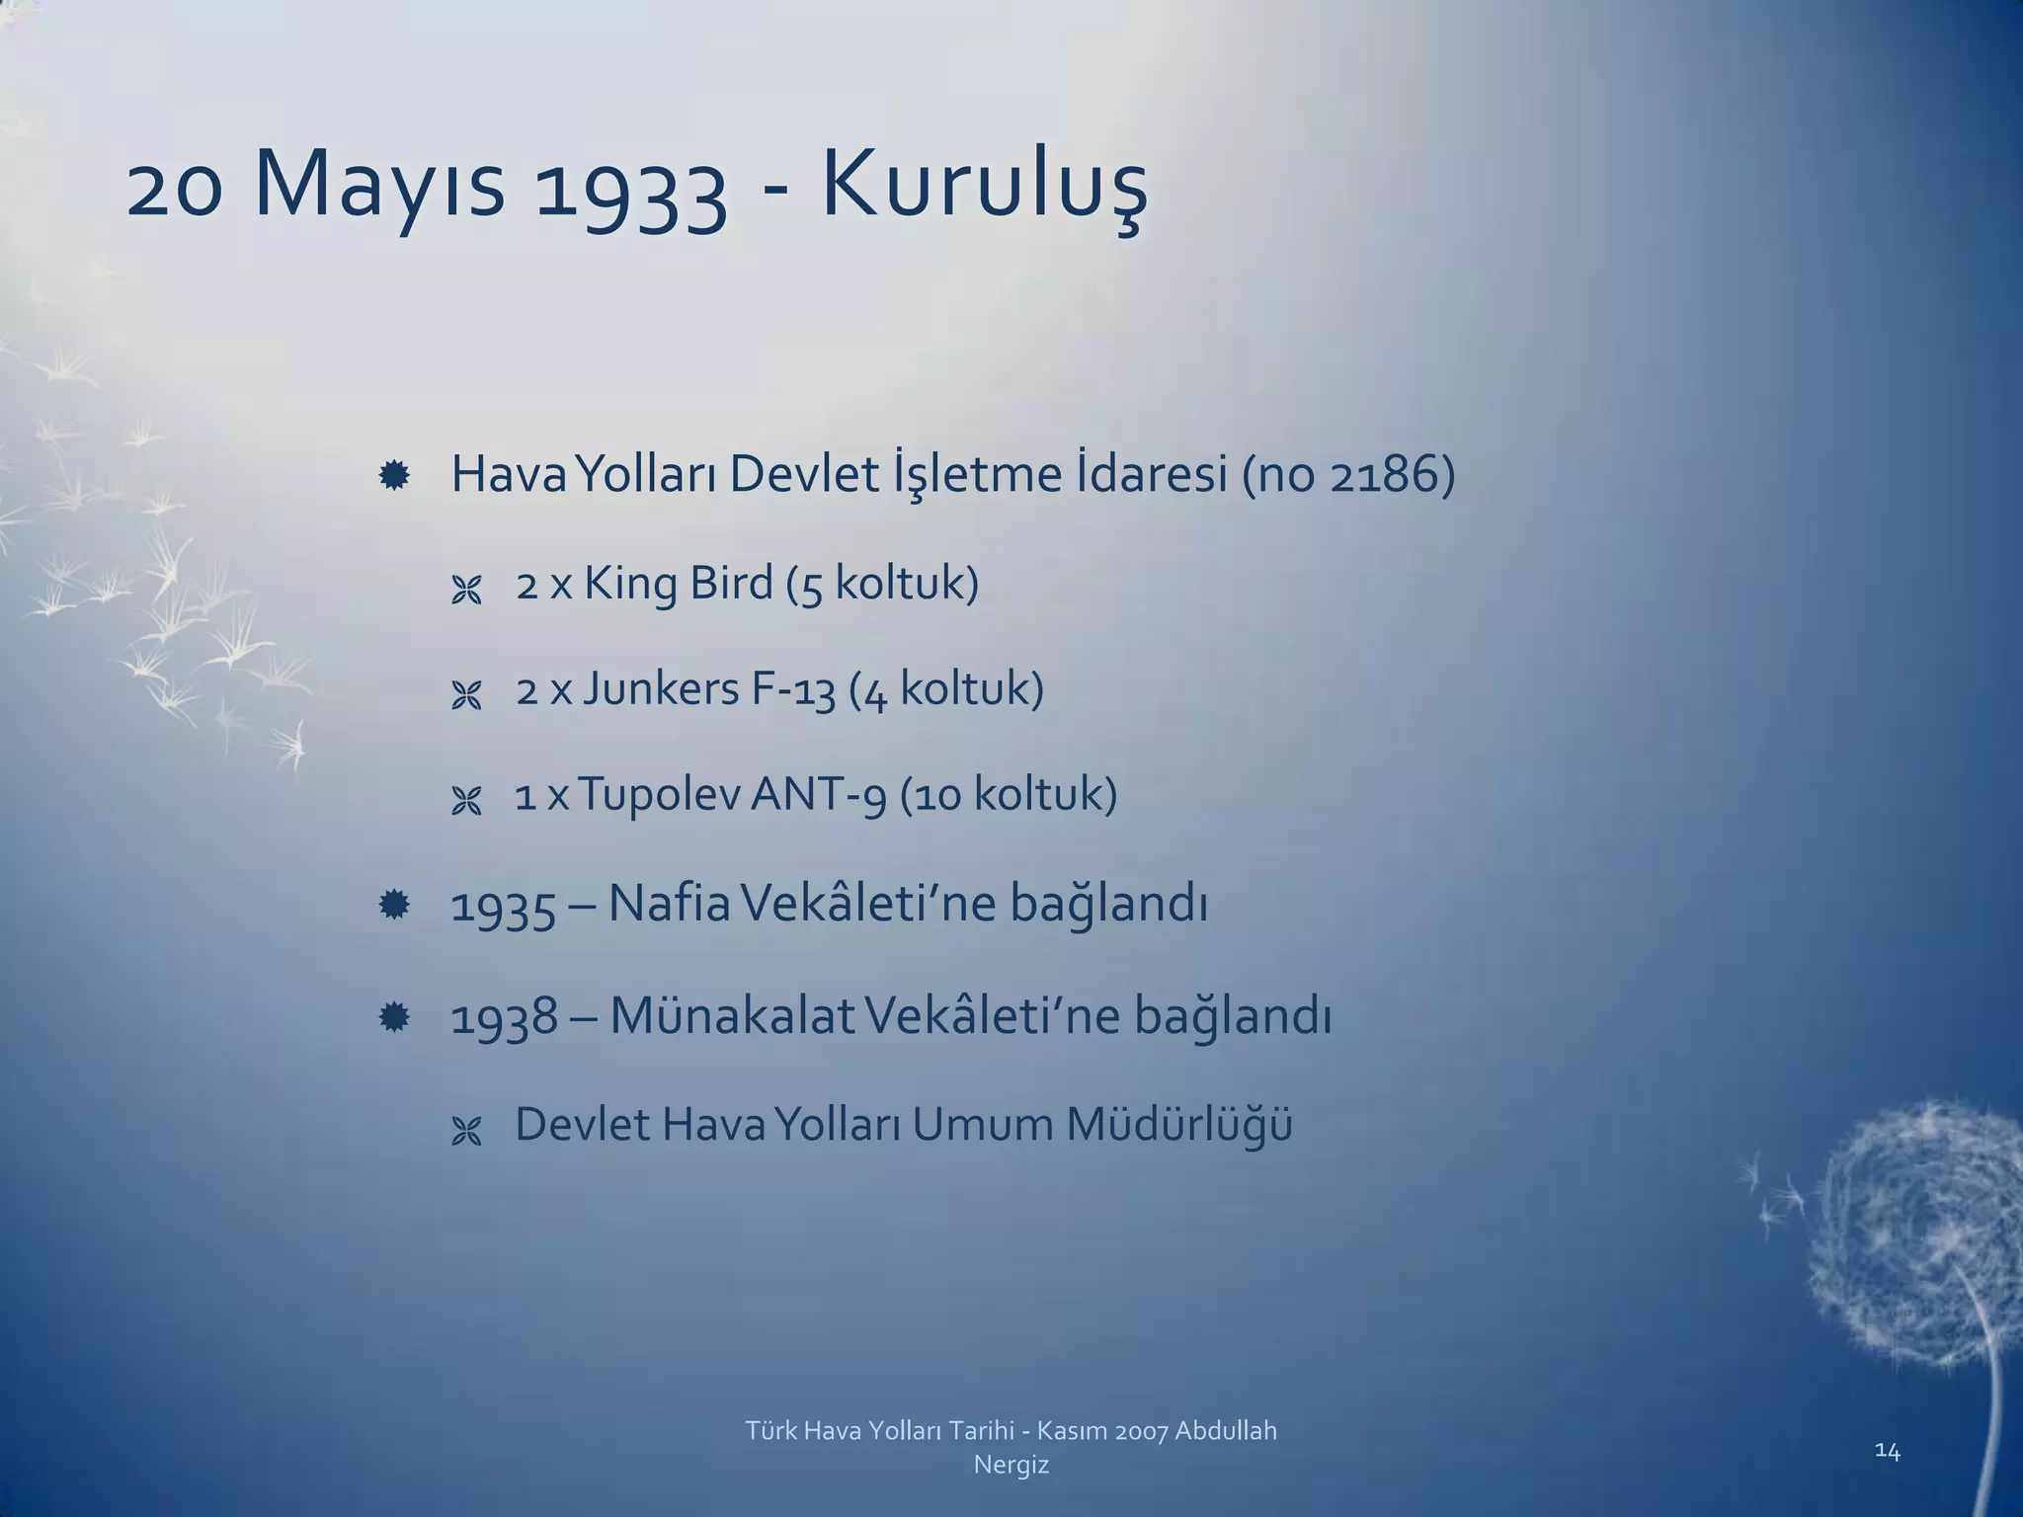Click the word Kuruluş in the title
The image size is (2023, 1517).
(x=984, y=188)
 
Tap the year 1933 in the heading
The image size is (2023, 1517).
(x=630, y=190)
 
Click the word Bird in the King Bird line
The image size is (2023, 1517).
(x=731, y=583)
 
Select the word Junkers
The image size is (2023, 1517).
(x=660, y=688)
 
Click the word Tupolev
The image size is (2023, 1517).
(x=658, y=795)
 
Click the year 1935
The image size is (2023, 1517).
(x=504, y=906)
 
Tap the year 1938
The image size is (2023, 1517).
(x=504, y=1017)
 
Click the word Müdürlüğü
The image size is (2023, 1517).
(x=1178, y=1124)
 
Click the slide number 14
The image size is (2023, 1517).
(x=1887, y=1451)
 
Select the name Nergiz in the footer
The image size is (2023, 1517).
(x=1011, y=1465)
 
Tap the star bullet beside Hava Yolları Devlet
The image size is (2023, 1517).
(x=394, y=477)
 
